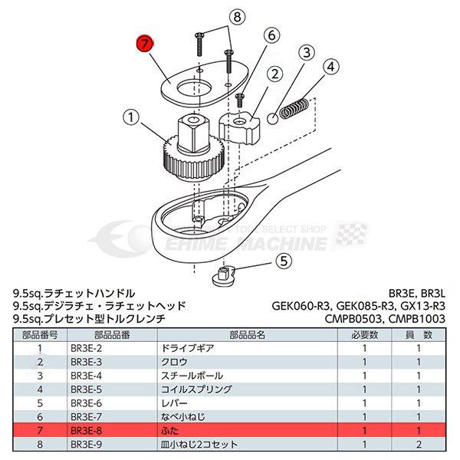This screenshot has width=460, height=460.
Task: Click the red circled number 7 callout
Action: [x=143, y=44]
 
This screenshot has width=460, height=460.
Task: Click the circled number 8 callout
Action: [x=215, y=15]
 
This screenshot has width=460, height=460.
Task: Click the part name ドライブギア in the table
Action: [x=179, y=348]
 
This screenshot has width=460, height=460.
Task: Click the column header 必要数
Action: [x=364, y=334]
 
